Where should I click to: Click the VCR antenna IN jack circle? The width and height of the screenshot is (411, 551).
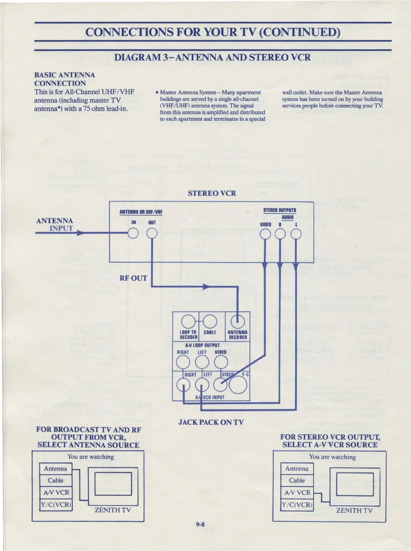(x=133, y=233)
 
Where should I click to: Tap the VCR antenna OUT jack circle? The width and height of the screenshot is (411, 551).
(x=152, y=233)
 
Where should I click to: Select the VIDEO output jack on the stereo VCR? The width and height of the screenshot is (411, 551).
(x=265, y=234)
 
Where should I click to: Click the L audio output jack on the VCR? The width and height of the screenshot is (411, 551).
(x=296, y=234)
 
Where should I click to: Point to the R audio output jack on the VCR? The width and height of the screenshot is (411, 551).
(x=280, y=234)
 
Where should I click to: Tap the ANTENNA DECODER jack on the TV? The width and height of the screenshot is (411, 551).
(x=238, y=321)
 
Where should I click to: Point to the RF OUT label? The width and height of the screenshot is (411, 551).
(x=133, y=278)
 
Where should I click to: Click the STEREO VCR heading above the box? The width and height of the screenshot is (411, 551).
(x=212, y=193)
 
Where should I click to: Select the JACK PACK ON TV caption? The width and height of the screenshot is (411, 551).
(x=211, y=422)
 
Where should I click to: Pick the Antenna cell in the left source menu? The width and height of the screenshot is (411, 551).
(x=55, y=469)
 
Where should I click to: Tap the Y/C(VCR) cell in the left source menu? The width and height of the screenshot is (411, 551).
(x=56, y=504)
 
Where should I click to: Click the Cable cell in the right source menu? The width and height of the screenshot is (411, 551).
(x=297, y=480)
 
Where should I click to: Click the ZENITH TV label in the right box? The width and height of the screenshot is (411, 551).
(x=354, y=510)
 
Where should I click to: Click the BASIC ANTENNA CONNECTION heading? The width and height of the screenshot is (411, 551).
(x=65, y=79)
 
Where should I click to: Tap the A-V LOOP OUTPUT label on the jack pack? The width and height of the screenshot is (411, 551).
(x=202, y=345)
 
